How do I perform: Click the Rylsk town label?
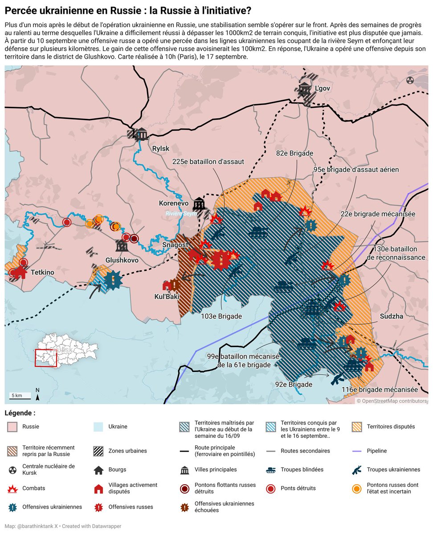161,149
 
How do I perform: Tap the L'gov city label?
322,88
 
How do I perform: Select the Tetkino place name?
42,272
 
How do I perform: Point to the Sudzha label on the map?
392,316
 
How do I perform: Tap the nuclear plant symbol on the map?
410,80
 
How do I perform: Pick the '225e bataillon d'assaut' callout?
208,162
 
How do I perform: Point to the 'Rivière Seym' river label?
181,214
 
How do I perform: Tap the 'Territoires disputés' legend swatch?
357,427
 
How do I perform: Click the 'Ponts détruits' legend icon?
271,488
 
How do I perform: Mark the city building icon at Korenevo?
199,204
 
